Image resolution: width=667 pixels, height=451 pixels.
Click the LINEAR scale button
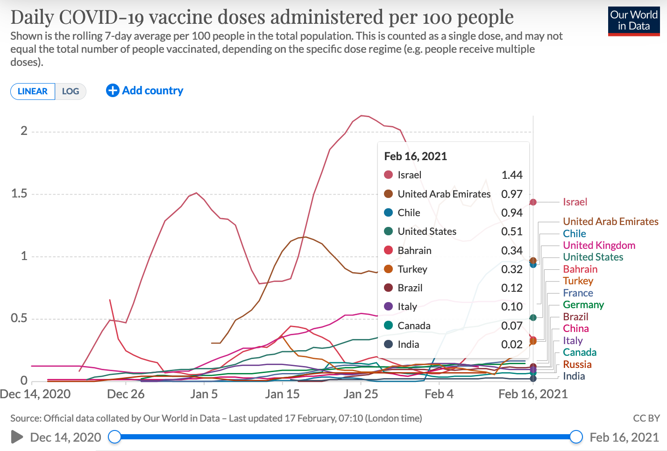point(33,91)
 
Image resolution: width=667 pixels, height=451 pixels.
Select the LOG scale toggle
point(71,91)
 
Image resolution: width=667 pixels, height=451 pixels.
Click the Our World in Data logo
point(633,21)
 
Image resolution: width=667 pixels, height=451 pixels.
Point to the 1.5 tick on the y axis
point(19,194)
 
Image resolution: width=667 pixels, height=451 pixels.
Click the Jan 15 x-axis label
point(282,394)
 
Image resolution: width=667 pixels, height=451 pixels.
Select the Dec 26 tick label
point(126,394)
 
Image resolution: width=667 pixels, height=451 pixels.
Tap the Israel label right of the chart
point(575,202)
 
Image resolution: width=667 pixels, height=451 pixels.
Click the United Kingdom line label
point(599,246)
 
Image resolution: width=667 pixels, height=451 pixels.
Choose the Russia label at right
point(577,365)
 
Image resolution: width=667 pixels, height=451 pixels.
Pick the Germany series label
point(583,305)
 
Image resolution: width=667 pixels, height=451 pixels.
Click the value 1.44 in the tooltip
point(512,175)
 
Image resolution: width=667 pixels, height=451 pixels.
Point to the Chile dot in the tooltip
point(388,213)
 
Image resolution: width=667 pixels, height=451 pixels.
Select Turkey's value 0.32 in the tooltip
point(512,269)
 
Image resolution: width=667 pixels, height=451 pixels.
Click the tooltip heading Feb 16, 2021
point(415,156)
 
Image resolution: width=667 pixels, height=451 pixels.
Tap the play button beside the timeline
point(17,437)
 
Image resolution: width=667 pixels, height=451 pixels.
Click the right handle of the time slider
point(576,437)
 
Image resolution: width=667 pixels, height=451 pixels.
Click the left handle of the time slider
point(114,437)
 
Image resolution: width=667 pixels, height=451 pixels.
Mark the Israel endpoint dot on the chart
point(533,202)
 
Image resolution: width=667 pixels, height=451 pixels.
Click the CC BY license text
point(646,418)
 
